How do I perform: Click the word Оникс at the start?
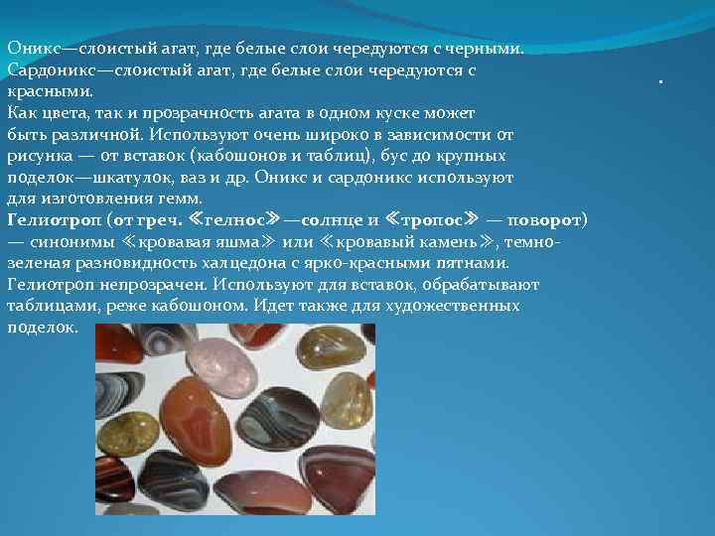[29, 49]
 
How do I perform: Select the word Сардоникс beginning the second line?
[47, 70]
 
